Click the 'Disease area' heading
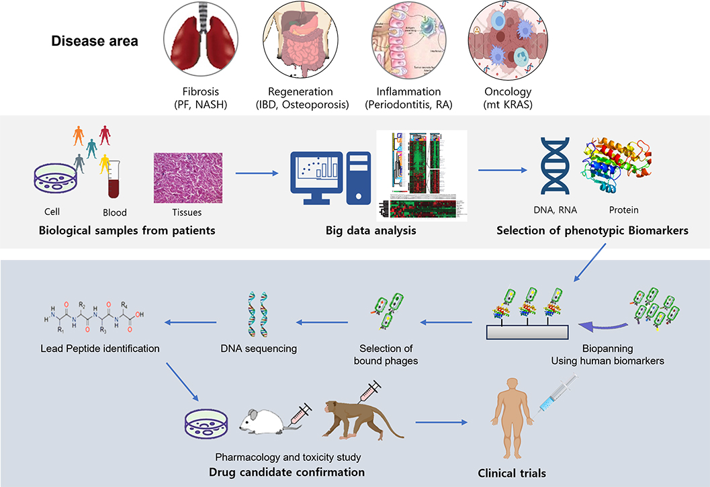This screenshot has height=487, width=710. pyautogui.click(x=95, y=42)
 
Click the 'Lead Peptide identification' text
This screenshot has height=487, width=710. pyautogui.click(x=100, y=349)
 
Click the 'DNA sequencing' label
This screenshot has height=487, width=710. pyautogui.click(x=259, y=349)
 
